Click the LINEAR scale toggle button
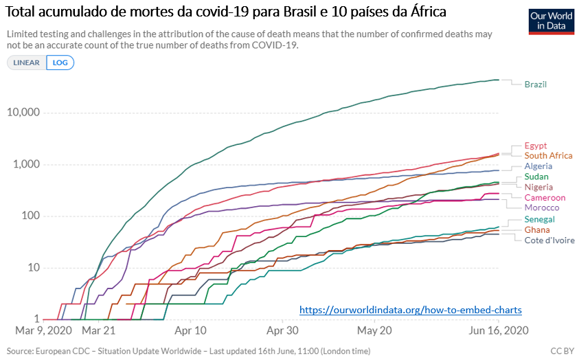(27, 63)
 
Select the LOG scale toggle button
(60, 63)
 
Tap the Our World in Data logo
(551, 21)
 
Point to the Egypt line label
(535, 146)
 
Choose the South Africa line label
(548, 156)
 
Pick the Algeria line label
(538, 166)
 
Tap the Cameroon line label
(545, 198)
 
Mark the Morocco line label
(542, 207)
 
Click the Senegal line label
(539, 220)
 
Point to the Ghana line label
(536, 230)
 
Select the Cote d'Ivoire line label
(549, 240)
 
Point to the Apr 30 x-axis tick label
(282, 331)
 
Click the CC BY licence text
(563, 351)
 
